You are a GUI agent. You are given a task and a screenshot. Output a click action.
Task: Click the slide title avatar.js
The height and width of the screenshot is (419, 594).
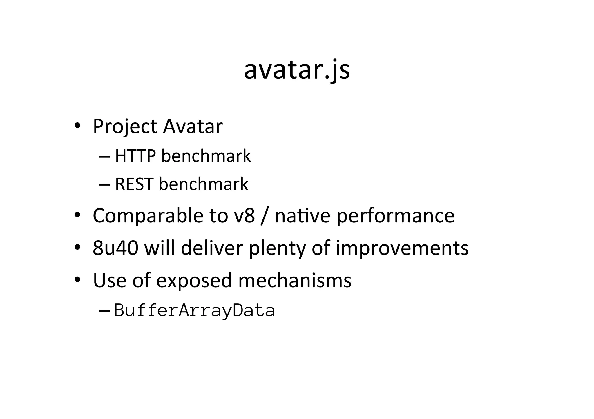297,70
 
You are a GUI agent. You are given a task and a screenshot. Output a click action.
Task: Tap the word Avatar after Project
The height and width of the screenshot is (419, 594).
193,127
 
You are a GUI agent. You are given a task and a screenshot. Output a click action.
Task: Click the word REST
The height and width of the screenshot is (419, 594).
134,184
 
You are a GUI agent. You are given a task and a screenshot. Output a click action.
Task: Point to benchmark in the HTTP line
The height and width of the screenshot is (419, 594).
206,156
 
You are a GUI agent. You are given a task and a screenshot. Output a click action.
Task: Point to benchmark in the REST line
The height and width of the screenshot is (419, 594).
203,184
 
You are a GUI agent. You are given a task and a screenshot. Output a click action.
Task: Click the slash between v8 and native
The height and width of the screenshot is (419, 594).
263,216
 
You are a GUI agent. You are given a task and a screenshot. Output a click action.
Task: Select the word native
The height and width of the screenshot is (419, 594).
302,216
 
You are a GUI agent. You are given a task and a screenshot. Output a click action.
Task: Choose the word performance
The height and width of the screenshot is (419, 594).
395,216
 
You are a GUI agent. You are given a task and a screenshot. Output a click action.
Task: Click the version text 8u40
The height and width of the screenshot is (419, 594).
115,248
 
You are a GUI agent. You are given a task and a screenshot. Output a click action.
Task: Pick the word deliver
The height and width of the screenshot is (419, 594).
212,248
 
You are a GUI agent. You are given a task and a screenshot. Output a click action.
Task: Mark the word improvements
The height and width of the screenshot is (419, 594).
402,248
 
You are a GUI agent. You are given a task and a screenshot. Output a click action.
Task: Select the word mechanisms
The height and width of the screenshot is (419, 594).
295,280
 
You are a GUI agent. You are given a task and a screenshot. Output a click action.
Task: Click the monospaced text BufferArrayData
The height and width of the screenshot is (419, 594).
194,310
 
